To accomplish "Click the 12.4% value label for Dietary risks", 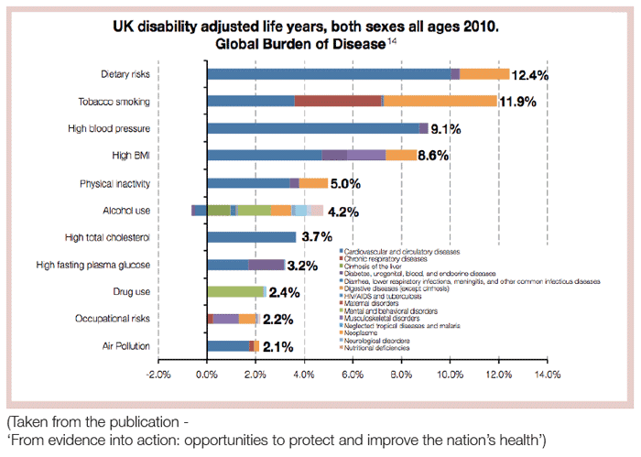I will click(529, 75).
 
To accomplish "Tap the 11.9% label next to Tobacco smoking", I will click(517, 102).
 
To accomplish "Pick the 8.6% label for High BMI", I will click(433, 157).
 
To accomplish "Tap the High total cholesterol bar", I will click(252, 237).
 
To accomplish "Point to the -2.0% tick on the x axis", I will click(158, 375).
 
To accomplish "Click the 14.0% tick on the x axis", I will click(547, 375).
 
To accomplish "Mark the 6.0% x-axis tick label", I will click(353, 375).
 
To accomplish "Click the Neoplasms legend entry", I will click(365, 333).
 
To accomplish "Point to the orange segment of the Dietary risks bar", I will click(484, 74).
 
